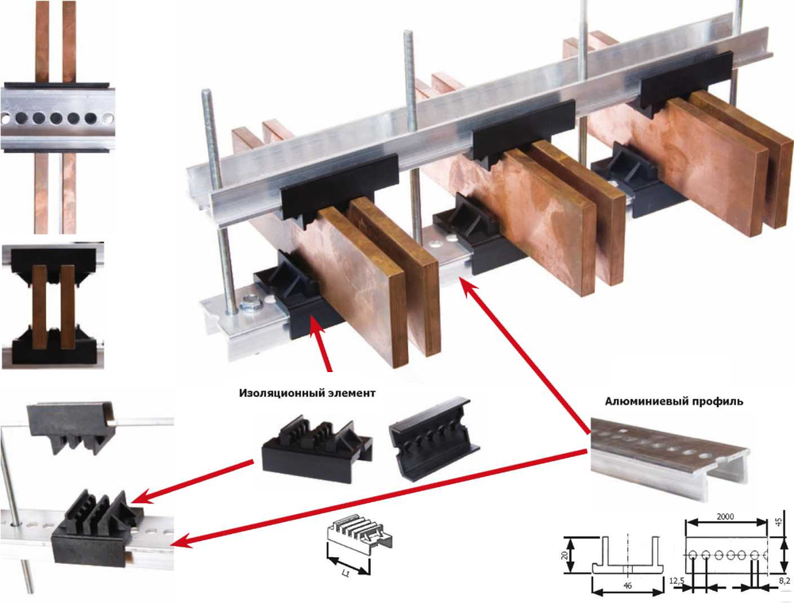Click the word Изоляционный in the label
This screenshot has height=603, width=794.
273,393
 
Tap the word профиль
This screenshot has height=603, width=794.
718,401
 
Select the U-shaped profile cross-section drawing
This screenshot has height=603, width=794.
627,555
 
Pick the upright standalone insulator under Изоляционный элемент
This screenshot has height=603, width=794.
318,448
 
